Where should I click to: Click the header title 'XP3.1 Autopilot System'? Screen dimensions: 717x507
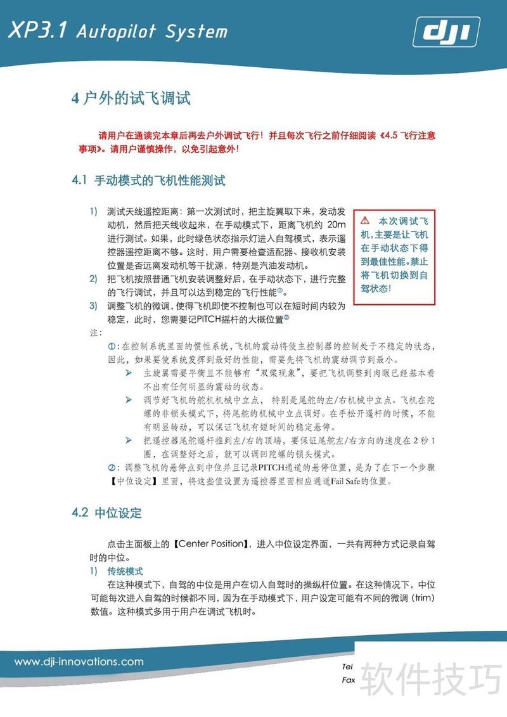[x=117, y=32]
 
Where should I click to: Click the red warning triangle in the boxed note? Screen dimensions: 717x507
[x=365, y=221]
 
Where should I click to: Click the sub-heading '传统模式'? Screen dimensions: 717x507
[x=125, y=571]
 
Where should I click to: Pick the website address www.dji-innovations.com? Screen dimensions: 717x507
[x=79, y=662]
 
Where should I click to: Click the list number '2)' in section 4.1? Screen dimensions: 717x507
[x=93, y=279]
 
